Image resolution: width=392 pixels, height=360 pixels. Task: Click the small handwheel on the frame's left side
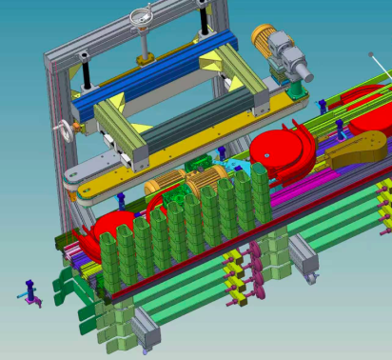coord(65,127)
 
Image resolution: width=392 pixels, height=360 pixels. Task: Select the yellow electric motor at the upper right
coord(265,39)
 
